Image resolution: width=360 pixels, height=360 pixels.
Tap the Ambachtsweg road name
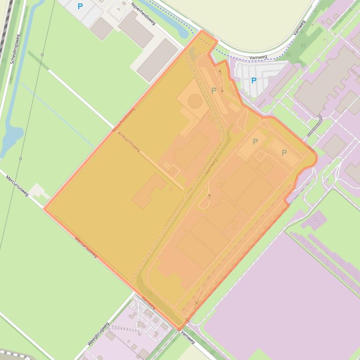pos(129,141)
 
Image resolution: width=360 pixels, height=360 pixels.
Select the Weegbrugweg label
pos(98,334)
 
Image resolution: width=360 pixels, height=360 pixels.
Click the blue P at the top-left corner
pos(80,7)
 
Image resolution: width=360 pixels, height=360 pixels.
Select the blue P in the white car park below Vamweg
pos(253,80)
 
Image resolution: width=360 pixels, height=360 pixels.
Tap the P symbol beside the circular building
pos(214,90)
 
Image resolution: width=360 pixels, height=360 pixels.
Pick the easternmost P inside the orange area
pos(284,153)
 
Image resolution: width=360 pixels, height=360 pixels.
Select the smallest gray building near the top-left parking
pos(101,29)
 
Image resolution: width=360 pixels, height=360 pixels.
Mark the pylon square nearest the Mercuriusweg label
pos(20,158)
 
